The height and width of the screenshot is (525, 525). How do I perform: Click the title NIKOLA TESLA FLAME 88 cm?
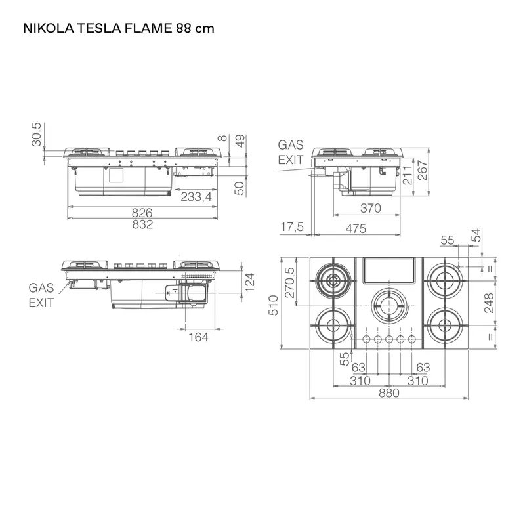click(x=119, y=28)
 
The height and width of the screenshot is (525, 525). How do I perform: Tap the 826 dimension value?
click(x=142, y=213)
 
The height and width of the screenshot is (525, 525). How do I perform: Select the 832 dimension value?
click(x=142, y=224)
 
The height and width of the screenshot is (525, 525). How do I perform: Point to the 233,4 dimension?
click(x=196, y=196)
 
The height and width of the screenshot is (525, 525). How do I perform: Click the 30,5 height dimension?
click(x=37, y=135)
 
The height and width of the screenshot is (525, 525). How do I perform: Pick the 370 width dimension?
click(x=371, y=208)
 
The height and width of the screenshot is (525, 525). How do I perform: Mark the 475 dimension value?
click(x=356, y=228)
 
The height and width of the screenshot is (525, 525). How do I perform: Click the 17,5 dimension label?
click(x=292, y=227)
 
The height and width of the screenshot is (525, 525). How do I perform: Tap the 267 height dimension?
click(x=423, y=171)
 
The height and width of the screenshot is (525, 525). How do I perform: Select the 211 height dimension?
click(x=408, y=175)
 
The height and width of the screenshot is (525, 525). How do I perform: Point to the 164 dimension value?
click(x=198, y=337)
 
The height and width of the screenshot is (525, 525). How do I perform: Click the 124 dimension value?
click(x=249, y=282)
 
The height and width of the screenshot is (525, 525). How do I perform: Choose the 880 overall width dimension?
click(x=389, y=392)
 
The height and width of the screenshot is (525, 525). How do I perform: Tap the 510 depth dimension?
click(x=273, y=305)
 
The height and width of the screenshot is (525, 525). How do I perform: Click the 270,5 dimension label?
click(x=290, y=283)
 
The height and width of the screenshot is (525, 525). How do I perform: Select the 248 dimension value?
click(x=489, y=303)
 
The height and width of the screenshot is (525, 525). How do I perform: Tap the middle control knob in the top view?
click(x=388, y=339)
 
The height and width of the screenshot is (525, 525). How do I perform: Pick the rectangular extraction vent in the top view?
click(x=388, y=270)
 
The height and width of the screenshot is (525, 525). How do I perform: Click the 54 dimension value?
click(x=477, y=235)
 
